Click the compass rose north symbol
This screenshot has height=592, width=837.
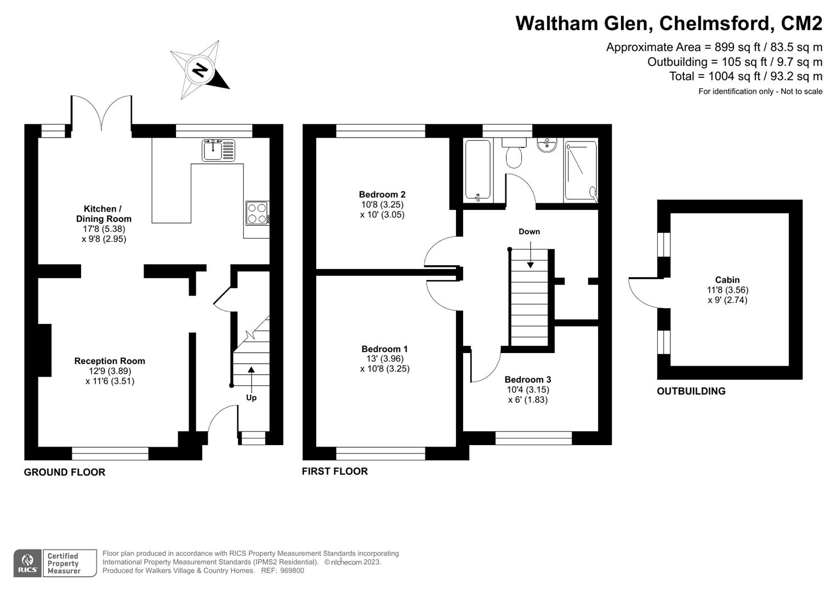[200, 70]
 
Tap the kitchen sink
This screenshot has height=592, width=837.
[218, 150]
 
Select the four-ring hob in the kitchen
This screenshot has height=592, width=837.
[257, 213]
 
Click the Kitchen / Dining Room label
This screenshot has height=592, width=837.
[103, 214]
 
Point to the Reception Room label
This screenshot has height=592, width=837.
[110, 361]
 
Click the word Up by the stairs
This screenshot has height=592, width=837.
[251, 397]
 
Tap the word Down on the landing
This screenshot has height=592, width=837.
[529, 231]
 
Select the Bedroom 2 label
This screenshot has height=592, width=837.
[382, 194]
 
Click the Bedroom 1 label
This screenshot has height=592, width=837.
[384, 349]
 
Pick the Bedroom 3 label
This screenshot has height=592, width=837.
[527, 379]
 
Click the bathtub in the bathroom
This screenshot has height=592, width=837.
[478, 170]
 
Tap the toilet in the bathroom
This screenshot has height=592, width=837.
[514, 155]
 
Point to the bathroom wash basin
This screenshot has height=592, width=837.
[546, 145]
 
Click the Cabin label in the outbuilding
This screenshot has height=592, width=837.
[727, 280]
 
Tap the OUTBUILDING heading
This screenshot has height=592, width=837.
[691, 391]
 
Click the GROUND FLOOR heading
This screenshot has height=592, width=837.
[64, 472]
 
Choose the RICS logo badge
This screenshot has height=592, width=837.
[26, 563]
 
